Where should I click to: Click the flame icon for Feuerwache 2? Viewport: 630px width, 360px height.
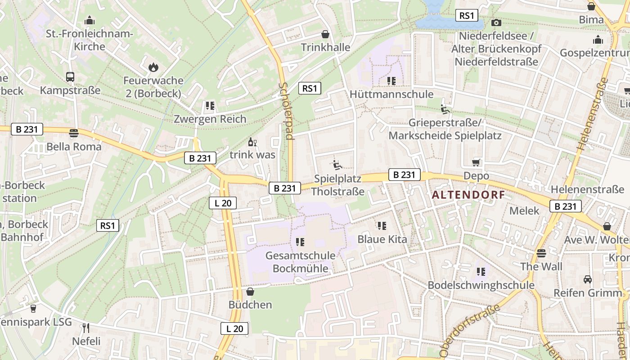[x=153, y=67]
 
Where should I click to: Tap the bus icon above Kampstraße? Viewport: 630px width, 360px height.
[x=70, y=77]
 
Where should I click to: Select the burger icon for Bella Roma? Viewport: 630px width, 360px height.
[x=74, y=133]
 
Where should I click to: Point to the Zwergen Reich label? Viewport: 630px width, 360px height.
[x=210, y=119]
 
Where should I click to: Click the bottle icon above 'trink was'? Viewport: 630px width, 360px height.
[x=252, y=142]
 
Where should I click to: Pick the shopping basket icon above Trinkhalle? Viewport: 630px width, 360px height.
[x=325, y=34]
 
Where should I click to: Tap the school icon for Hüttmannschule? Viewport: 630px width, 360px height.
[x=391, y=81]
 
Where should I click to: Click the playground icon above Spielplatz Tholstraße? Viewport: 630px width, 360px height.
[x=337, y=165]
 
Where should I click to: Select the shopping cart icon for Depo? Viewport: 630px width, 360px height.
[x=477, y=162]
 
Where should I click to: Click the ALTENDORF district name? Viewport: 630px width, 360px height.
[x=468, y=195]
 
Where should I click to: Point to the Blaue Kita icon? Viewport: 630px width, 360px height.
[x=382, y=226]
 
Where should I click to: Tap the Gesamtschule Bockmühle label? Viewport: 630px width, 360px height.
[x=301, y=262]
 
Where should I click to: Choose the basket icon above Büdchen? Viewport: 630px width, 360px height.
[x=250, y=292]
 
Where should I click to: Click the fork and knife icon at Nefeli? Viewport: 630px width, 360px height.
[x=86, y=328]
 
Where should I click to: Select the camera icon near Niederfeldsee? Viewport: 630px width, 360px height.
[x=496, y=22]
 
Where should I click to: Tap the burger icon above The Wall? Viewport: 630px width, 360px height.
[x=541, y=253]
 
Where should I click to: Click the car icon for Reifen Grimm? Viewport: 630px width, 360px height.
[x=588, y=279]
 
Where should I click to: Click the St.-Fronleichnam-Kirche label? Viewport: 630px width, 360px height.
[x=90, y=40]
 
